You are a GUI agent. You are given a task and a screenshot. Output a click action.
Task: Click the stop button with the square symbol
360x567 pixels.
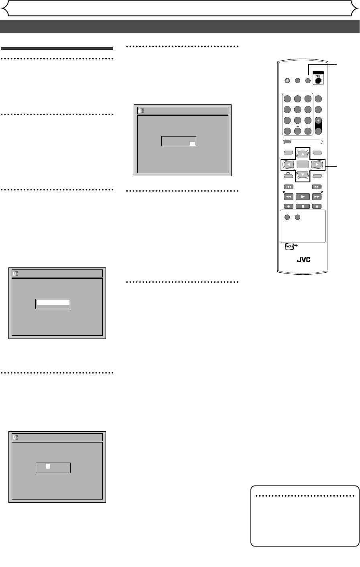click(x=303, y=206)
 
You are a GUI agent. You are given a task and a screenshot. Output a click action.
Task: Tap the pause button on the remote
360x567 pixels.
click(x=317, y=206)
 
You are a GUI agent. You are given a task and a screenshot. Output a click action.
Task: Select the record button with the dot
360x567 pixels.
click(x=289, y=206)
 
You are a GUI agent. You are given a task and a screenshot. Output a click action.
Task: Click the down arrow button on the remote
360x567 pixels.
click(x=303, y=175)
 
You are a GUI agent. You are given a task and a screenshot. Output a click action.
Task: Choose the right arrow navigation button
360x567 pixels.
click(x=317, y=164)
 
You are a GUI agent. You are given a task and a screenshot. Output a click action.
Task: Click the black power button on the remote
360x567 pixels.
click(x=318, y=80)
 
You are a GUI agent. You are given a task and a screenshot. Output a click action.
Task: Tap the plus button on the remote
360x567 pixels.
click(x=318, y=120)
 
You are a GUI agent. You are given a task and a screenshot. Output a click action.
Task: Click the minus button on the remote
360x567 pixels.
click(x=318, y=131)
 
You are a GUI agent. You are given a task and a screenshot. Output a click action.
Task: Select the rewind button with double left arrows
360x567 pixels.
click(x=289, y=197)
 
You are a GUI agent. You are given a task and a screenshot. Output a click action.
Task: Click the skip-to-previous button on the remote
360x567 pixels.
click(x=289, y=187)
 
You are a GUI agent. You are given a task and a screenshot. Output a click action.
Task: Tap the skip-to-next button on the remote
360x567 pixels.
click(x=317, y=187)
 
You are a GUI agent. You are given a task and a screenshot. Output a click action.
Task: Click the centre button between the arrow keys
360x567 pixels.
click(x=303, y=164)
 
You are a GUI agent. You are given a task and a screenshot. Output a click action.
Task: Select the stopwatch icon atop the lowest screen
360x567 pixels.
click(x=16, y=437)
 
